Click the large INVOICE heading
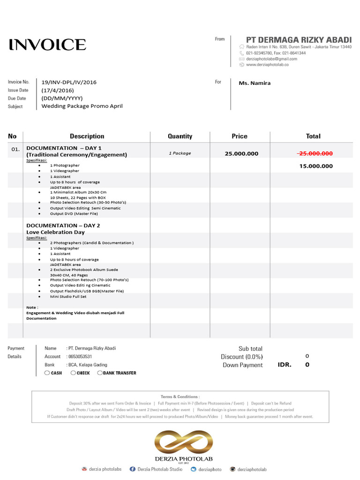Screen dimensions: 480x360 47,45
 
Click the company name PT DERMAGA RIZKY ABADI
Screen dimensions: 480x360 299,40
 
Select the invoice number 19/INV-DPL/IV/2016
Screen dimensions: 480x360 69,82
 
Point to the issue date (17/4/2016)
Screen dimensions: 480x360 58,90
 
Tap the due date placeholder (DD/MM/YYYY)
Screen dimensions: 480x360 62,98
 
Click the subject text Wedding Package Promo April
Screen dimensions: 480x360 82,106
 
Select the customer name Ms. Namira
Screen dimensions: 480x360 255,83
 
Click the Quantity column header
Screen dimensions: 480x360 180,136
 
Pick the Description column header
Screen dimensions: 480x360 87,136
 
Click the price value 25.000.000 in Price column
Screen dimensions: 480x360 241,154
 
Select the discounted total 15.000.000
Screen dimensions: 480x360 316,166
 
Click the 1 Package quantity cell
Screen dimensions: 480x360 180,153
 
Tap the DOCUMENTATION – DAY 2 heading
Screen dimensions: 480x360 63,225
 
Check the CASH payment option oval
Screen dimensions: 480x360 47,373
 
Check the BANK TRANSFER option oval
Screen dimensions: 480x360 100,373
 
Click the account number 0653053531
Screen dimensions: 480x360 80,357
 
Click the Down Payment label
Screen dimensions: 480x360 242,365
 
